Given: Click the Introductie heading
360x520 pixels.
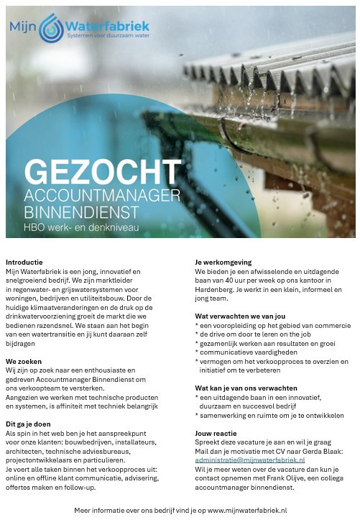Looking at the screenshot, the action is [24, 262].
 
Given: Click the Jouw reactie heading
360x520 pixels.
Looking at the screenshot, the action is [216, 433].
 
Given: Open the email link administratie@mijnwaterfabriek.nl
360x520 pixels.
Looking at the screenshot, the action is [249, 460].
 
